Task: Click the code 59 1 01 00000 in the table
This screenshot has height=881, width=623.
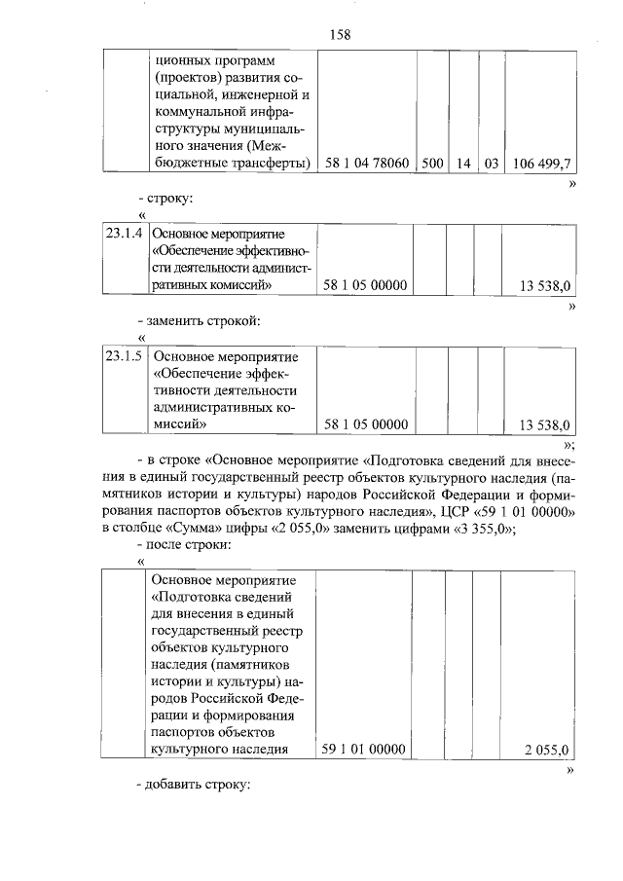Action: [364, 749]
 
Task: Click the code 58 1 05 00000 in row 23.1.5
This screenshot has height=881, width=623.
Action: [364, 424]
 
